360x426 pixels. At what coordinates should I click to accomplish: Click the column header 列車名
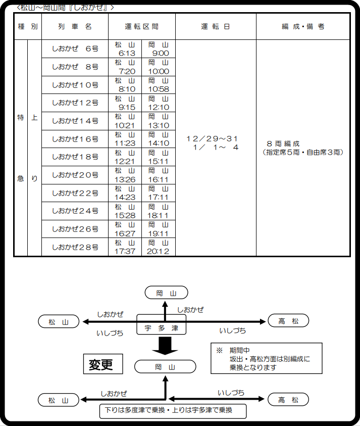pyautogui.click(x=75, y=27)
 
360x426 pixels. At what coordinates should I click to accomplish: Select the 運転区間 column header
pyautogui.click(x=142, y=27)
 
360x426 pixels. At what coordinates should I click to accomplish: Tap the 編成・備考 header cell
pyautogui.click(x=303, y=27)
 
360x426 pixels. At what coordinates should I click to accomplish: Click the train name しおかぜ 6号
pyautogui.click(x=75, y=49)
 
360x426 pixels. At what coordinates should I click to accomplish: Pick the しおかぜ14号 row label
pyautogui.click(x=75, y=121)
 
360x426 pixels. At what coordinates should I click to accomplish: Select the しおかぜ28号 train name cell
pyautogui.click(x=75, y=247)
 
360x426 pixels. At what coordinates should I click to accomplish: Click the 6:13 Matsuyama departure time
pyautogui.click(x=127, y=53)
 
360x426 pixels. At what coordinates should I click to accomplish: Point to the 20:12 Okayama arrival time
pyautogui.click(x=158, y=252)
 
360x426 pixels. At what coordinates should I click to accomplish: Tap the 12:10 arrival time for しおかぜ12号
pyautogui.click(x=159, y=107)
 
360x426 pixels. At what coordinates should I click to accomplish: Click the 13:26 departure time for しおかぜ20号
pyautogui.click(x=125, y=179)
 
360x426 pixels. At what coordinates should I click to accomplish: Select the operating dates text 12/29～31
pyautogui.click(x=212, y=139)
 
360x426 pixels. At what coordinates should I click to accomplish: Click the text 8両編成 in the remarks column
pyautogui.click(x=283, y=144)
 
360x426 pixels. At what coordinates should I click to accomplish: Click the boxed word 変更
pyautogui.click(x=103, y=364)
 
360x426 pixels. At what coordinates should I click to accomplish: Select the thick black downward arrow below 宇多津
pyautogui.click(x=165, y=346)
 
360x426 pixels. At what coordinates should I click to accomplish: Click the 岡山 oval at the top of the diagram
pyautogui.click(x=167, y=293)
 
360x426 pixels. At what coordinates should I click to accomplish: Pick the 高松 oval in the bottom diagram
pyautogui.click(x=288, y=399)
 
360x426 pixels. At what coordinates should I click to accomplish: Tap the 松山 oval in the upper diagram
pyautogui.click(x=59, y=322)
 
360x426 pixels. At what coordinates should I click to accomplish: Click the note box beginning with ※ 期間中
pyautogui.click(x=267, y=358)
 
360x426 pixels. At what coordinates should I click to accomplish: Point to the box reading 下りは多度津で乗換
pyautogui.click(x=173, y=411)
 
